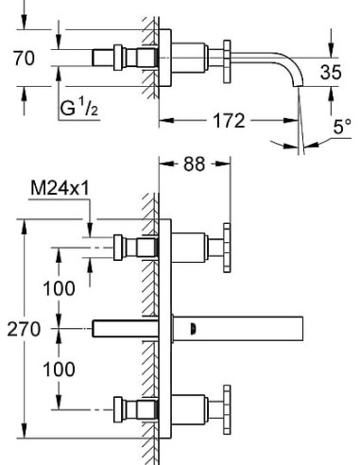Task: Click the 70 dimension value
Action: point(24,59)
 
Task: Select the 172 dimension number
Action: point(229,121)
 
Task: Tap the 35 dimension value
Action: point(331,72)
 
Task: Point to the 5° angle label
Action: point(342,127)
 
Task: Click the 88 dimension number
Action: point(195,164)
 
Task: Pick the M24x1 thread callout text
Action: point(60,188)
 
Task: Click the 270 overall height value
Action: point(24,329)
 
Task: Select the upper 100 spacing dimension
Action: point(59,288)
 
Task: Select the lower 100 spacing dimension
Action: point(59,370)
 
